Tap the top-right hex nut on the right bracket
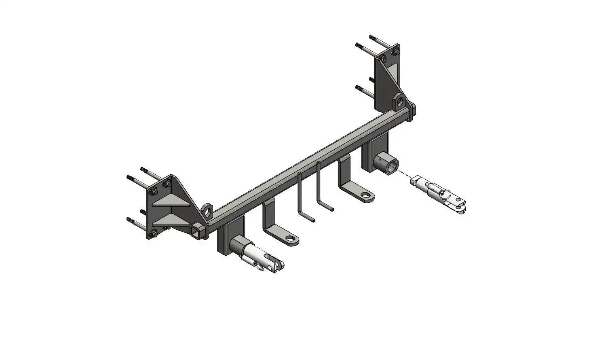click(395, 51)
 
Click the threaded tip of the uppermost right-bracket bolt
click(372, 37)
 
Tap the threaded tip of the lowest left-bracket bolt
click(129, 219)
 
